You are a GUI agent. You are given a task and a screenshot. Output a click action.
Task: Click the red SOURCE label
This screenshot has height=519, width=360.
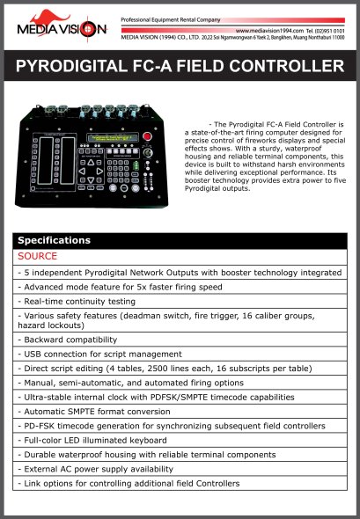click(36, 256)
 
